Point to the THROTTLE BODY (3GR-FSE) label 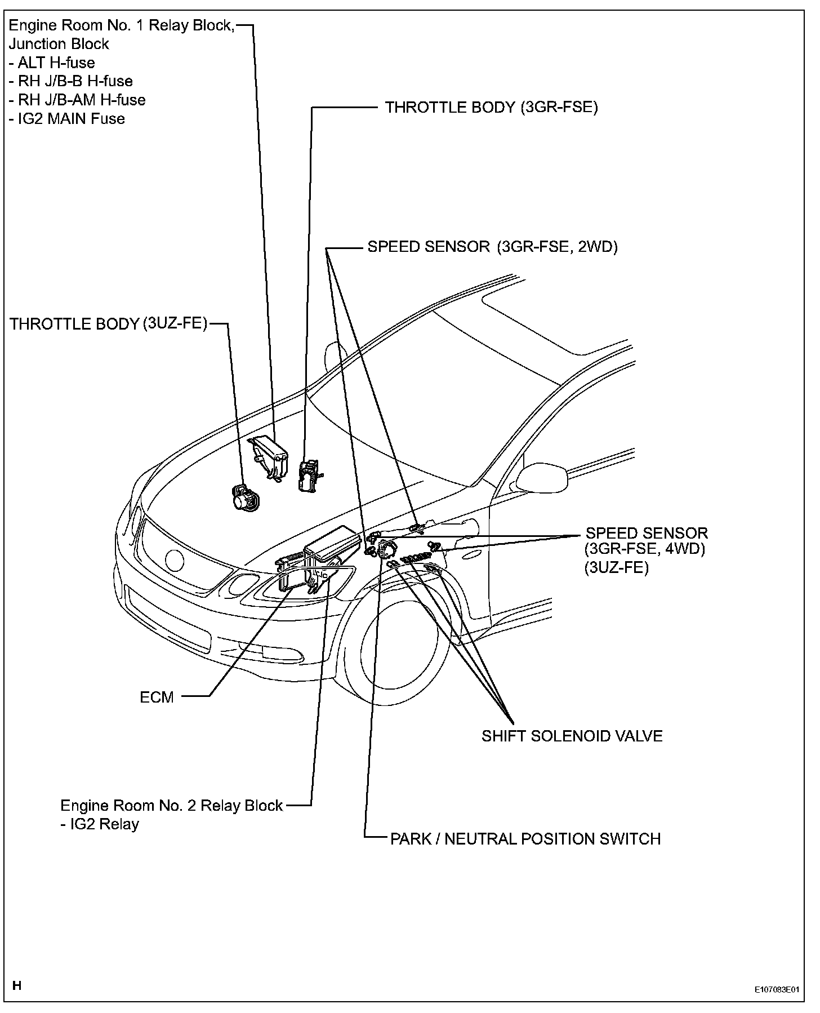tap(491, 107)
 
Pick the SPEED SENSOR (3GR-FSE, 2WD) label tap(493, 247)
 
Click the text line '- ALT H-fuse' tap(52, 63)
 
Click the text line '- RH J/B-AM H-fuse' tap(77, 100)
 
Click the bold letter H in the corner tap(17, 985)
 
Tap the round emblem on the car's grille tap(175, 560)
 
